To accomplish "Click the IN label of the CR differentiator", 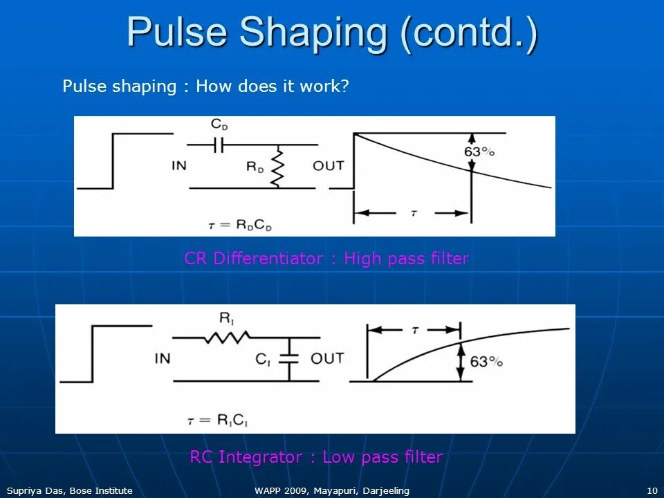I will [179, 166].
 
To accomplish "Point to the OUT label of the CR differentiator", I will [328, 166].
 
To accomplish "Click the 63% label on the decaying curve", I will [478, 152].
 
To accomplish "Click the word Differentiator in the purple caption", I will [268, 259].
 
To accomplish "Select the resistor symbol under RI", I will [226, 338].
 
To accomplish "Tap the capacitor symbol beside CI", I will [290, 358].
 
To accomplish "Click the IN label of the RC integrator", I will [163, 358].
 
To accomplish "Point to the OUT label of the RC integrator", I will [327, 358].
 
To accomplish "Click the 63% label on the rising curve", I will [486, 362].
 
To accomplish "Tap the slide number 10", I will [652, 490].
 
